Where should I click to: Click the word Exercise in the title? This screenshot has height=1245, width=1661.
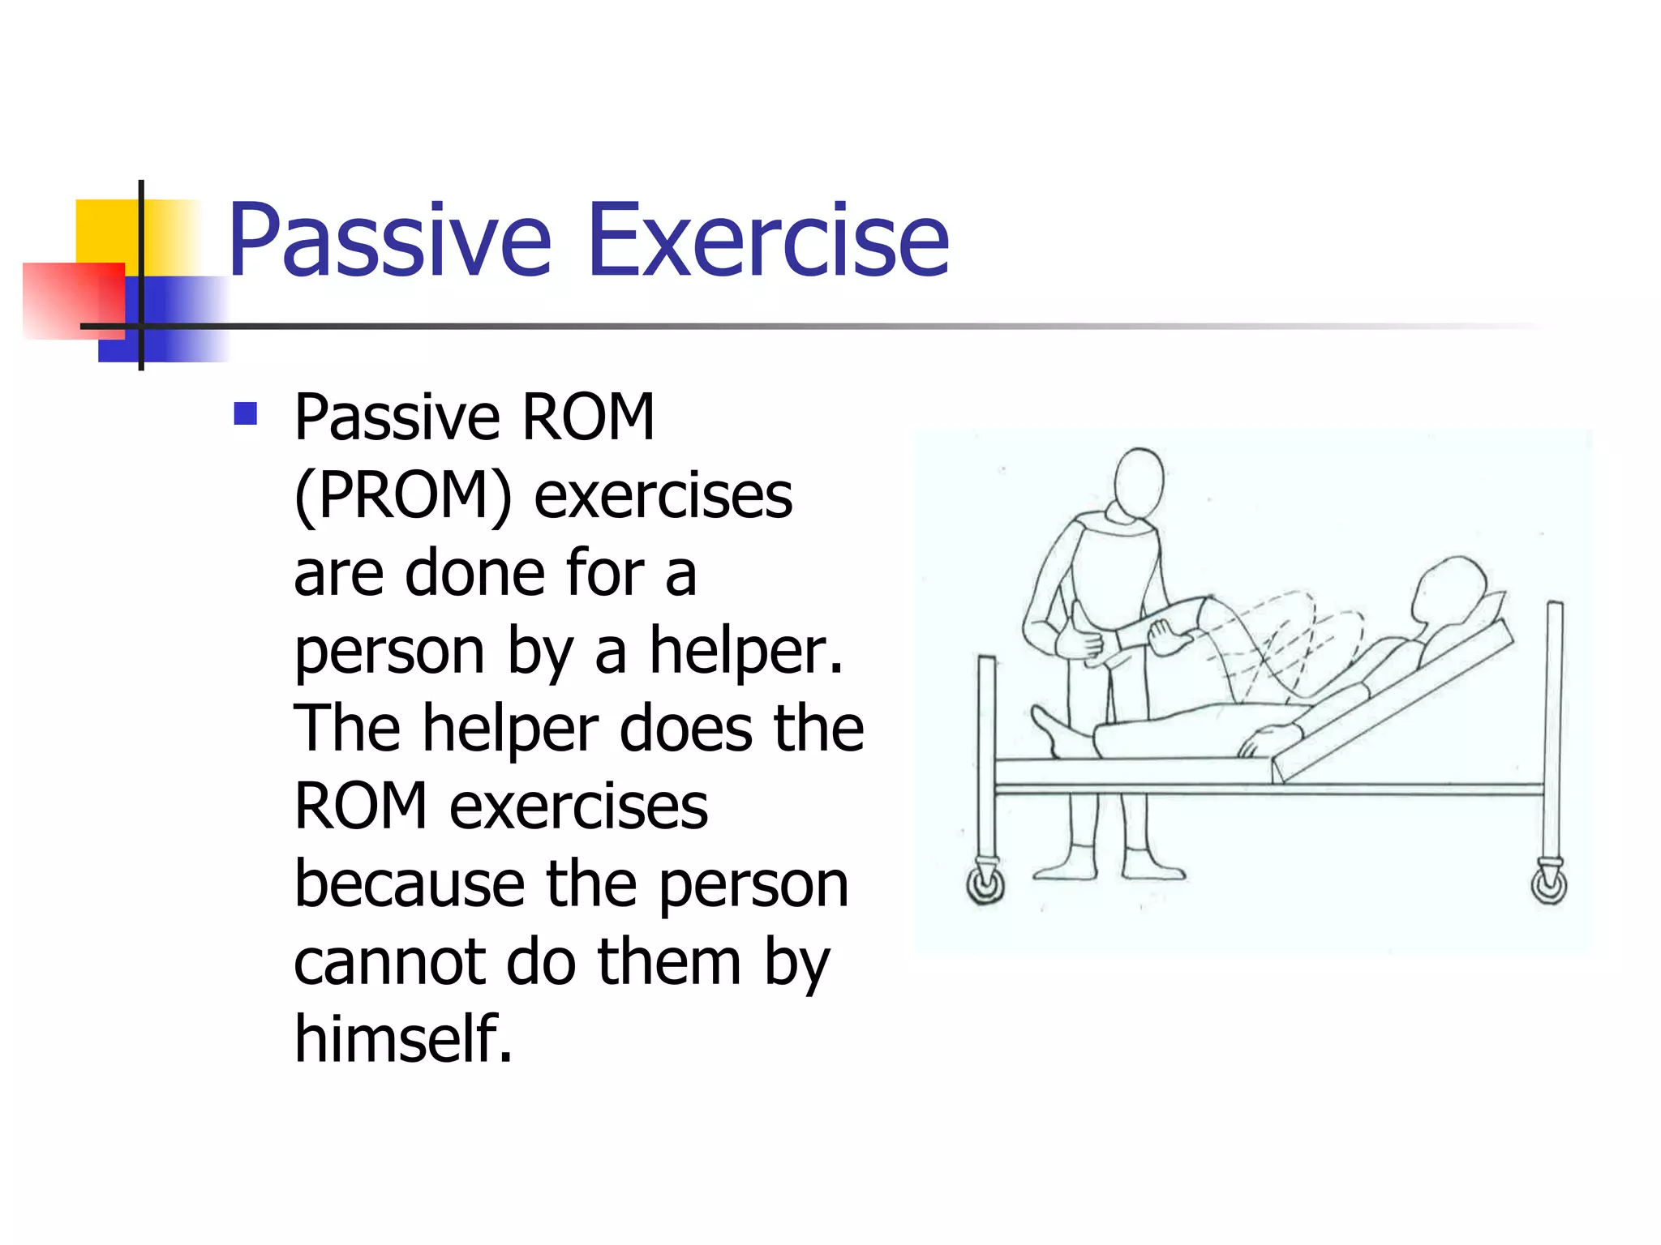click(x=767, y=241)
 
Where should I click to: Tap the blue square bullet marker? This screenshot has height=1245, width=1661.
click(x=245, y=414)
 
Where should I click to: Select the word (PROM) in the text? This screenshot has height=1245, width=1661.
click(x=403, y=495)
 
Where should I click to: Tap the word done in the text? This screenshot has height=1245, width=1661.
click(x=474, y=573)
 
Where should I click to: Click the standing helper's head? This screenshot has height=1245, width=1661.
click(x=1138, y=482)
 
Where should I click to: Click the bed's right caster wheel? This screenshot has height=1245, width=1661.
click(x=1548, y=883)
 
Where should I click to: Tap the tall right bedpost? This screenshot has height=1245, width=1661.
click(x=1553, y=729)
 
